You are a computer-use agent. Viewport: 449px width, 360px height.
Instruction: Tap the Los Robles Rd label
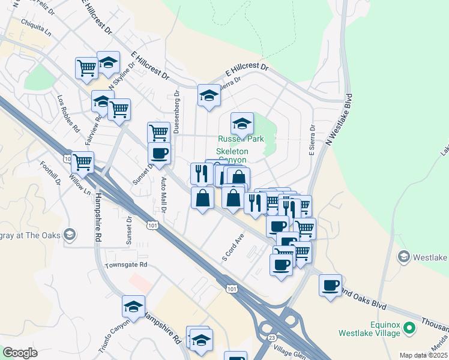tap(68, 112)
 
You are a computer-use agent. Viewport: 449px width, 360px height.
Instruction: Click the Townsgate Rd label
tap(126, 265)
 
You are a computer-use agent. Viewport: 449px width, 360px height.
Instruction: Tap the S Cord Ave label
tap(234, 247)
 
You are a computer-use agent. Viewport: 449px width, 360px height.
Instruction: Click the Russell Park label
tap(241, 139)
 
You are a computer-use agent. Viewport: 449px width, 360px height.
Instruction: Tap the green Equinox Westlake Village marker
tap(410, 329)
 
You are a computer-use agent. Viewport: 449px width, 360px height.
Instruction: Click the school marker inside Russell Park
tap(242, 124)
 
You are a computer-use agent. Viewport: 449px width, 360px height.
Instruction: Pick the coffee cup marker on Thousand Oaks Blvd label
tap(330, 285)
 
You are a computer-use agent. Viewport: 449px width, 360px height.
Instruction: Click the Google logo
tap(20, 353)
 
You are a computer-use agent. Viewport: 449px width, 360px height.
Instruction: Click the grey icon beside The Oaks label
tap(70, 235)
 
